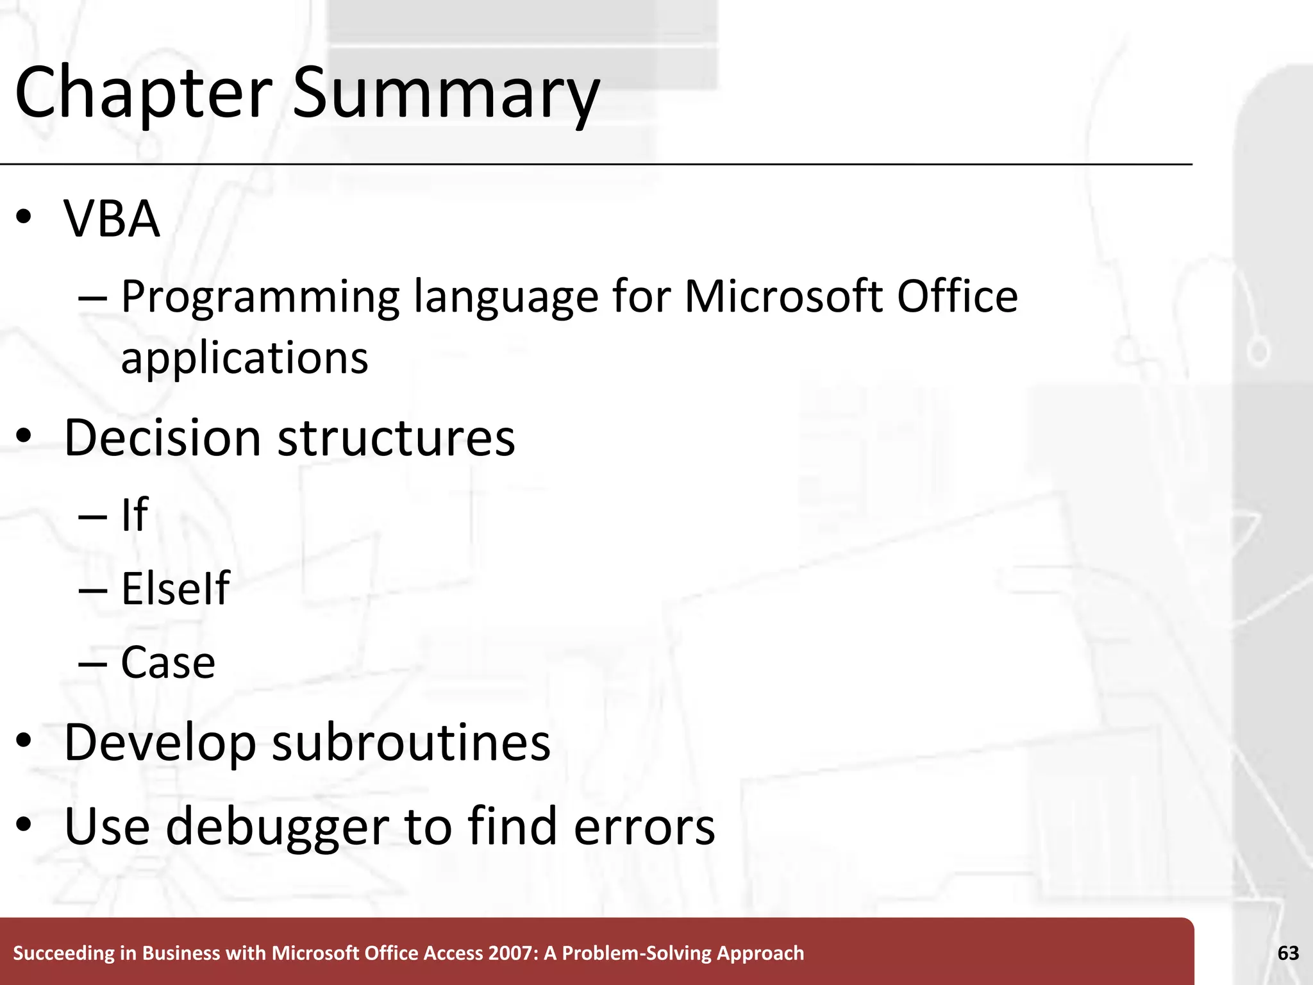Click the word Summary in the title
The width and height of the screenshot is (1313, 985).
(x=446, y=93)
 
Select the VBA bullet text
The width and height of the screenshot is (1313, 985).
(x=112, y=219)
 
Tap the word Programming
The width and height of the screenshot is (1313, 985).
(x=260, y=298)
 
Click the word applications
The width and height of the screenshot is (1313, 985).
(x=244, y=358)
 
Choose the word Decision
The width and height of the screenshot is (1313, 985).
(x=163, y=438)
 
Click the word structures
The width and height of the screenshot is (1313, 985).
(x=396, y=438)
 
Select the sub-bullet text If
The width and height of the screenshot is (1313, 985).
(x=135, y=514)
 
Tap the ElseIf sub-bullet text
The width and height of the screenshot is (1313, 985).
(x=175, y=589)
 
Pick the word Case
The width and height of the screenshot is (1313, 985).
(x=168, y=662)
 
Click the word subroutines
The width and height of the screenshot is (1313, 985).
(x=411, y=743)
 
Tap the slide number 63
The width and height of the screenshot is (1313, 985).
(x=1288, y=954)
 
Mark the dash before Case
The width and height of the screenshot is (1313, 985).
(x=92, y=663)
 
